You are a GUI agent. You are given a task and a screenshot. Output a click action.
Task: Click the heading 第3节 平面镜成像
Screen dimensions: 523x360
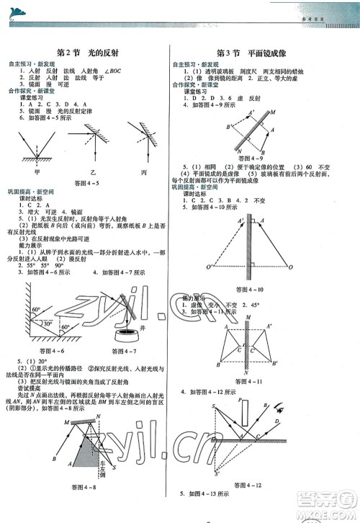click(x=258, y=53)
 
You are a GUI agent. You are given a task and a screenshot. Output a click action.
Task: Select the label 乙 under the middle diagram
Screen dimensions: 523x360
click(x=92, y=173)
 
